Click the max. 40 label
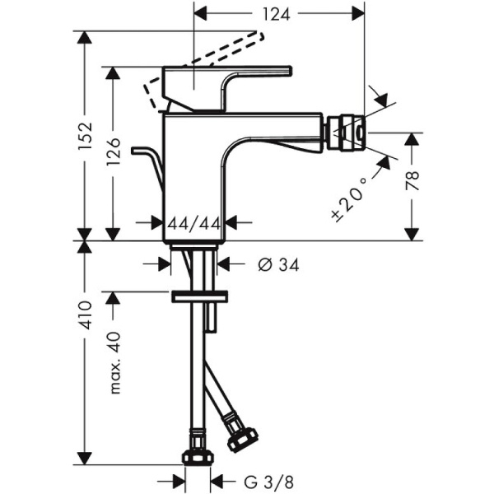tap(115, 361)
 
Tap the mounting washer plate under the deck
tap(198, 295)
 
